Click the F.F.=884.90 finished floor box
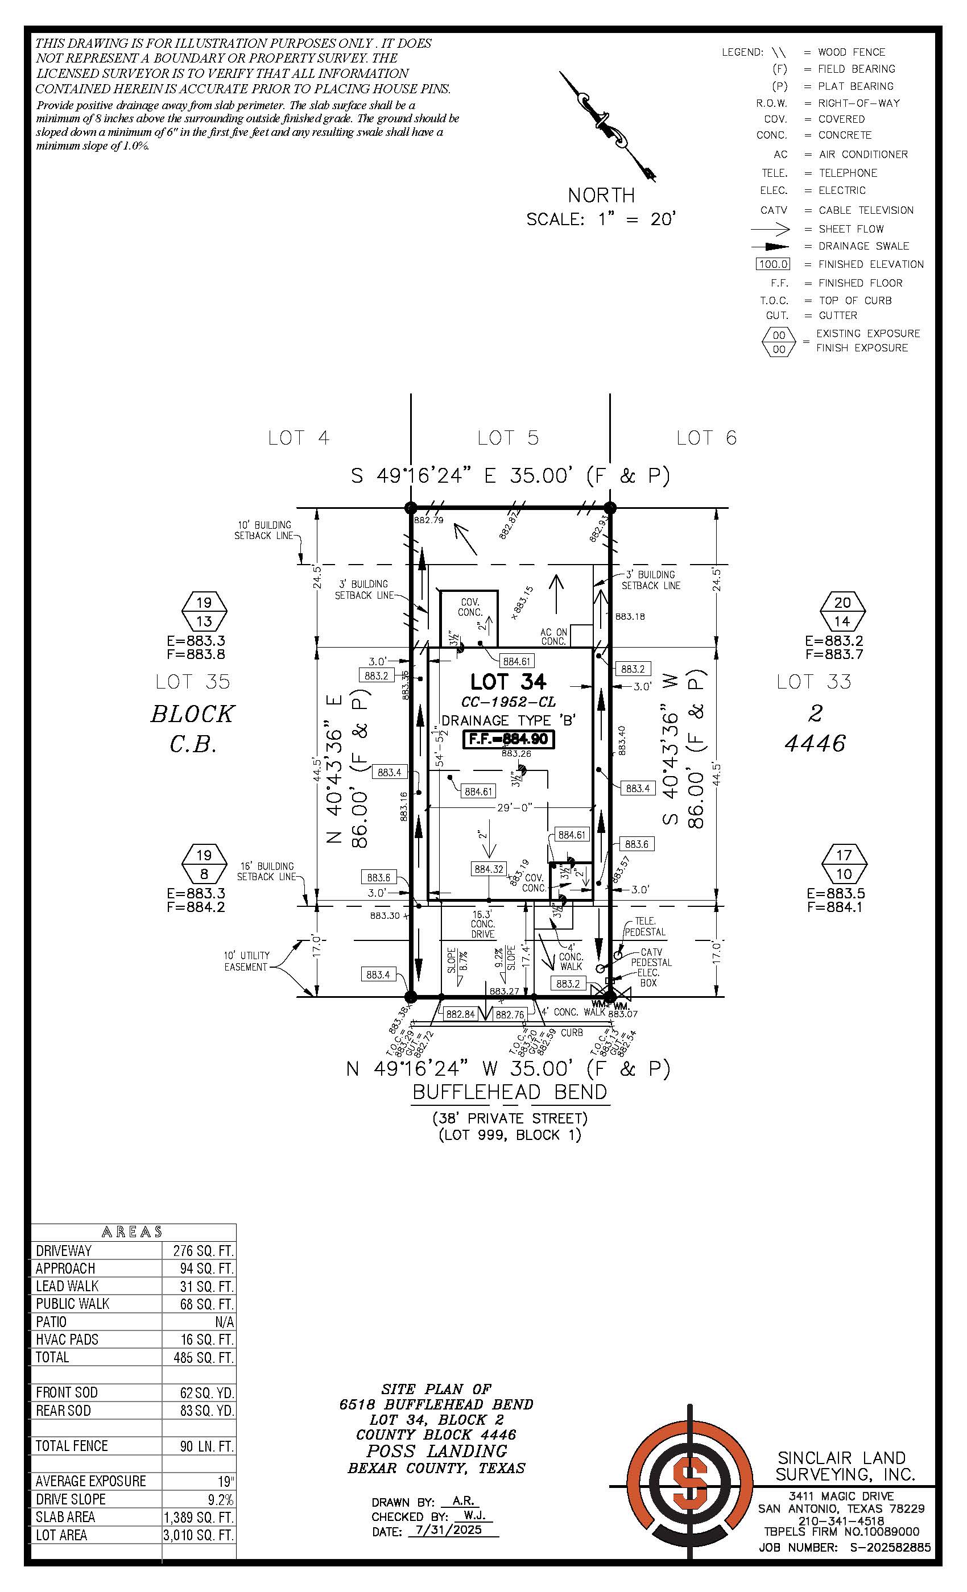click(x=509, y=739)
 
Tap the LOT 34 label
click(x=508, y=682)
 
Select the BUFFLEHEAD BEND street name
click(x=510, y=1092)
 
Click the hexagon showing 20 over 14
click(x=842, y=612)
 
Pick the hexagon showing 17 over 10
click(x=844, y=864)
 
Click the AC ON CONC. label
click(x=554, y=636)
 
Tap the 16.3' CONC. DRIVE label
click(x=482, y=924)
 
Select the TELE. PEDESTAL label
click(x=644, y=926)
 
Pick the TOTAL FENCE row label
click(x=71, y=1445)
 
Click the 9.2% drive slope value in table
click(x=220, y=1499)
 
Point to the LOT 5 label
click(x=507, y=438)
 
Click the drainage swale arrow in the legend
click(x=771, y=247)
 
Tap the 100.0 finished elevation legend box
click(x=773, y=264)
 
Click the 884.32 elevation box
click(x=489, y=869)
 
